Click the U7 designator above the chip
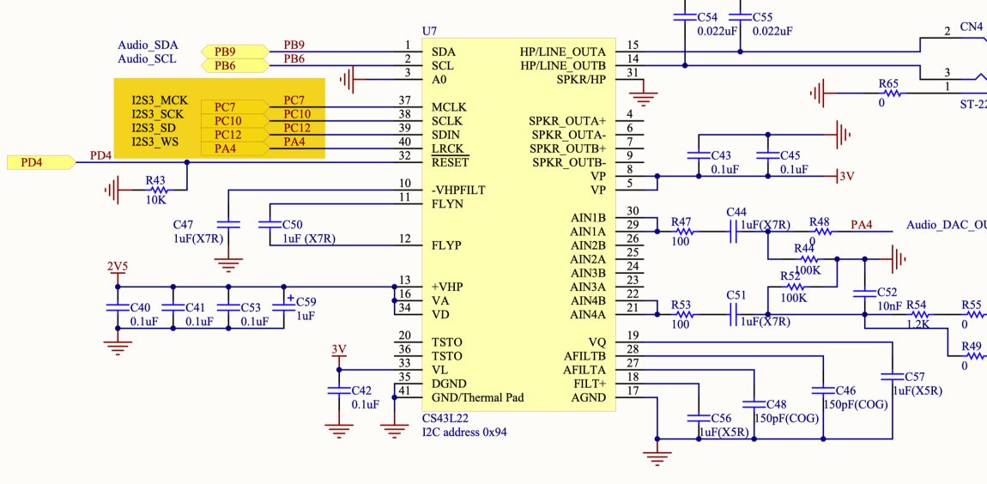click(429, 31)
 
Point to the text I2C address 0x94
click(464, 432)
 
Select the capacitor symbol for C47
click(229, 224)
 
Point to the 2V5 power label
click(117, 266)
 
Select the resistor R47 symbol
click(682, 232)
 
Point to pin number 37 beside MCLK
click(404, 101)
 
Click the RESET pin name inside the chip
click(451, 162)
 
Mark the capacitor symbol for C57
click(893, 377)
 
